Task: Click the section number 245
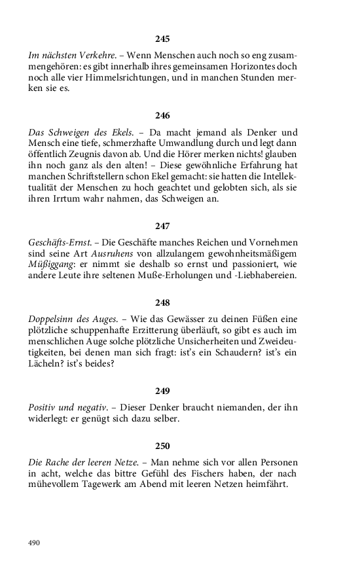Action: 162,39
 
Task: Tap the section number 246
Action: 162,115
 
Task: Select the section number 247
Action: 162,226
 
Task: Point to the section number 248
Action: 162,302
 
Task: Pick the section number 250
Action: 162,446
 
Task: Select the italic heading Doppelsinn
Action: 52,319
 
